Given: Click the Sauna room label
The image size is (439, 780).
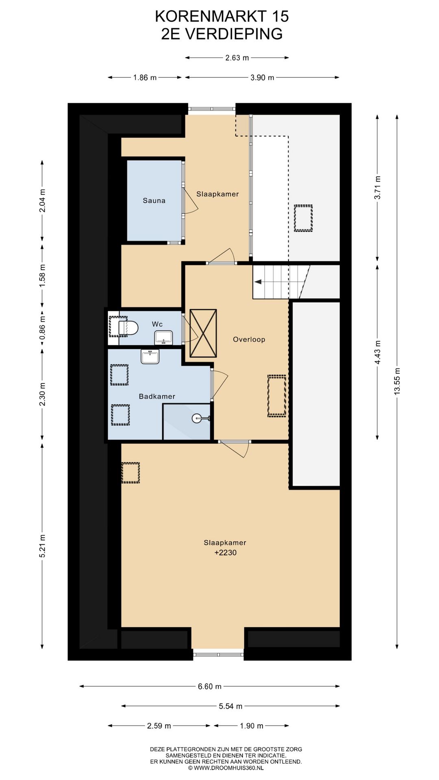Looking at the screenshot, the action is point(154,200).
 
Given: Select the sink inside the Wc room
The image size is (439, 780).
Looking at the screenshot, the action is point(163,337).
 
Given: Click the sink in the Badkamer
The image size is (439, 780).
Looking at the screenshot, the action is point(150,356).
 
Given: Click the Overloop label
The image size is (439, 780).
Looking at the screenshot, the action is point(249,339).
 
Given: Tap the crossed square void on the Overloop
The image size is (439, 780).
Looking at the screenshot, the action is point(203,333).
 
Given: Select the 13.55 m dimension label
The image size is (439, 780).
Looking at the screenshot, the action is point(398,380).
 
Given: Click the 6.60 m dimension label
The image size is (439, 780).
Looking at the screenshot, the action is point(210,686).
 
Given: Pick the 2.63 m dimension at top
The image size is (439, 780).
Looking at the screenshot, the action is point(237,58).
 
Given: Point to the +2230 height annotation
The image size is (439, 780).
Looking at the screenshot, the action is point(225,552).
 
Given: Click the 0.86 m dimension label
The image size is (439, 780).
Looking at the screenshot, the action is point(42,328).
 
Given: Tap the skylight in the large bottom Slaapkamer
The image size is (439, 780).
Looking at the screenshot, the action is point(130,473).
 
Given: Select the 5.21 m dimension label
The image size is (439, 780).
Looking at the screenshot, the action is point(42,546).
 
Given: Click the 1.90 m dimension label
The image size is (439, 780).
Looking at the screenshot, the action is point(252,726).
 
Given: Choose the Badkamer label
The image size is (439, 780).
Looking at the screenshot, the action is point(157,396).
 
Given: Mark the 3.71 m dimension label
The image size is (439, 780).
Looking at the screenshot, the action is point(378,187).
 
